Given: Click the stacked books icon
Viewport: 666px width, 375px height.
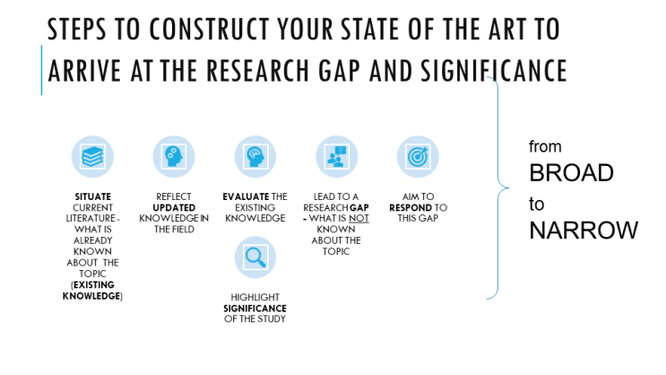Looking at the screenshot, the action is click(x=92, y=156).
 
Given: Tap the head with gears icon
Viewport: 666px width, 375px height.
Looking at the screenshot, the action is click(x=174, y=156).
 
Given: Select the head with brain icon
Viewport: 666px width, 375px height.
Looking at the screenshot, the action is click(x=255, y=156).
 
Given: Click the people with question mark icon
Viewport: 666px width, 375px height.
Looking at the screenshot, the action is click(x=336, y=156).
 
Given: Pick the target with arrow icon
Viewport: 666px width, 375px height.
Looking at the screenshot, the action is click(x=418, y=156).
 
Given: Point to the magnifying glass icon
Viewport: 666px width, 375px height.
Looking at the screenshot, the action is click(x=255, y=257).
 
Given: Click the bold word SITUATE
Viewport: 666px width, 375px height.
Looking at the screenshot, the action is click(x=92, y=196).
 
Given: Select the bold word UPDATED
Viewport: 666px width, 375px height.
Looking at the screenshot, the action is click(x=174, y=207).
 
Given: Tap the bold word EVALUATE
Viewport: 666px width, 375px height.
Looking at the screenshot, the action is click(x=246, y=196).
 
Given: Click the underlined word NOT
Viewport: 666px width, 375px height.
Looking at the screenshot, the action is click(x=359, y=218).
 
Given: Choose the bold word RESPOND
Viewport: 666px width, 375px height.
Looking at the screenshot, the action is click(x=411, y=207).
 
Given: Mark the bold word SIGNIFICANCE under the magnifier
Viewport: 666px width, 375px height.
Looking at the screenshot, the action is click(x=255, y=308).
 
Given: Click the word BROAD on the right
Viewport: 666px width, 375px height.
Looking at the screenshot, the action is click(x=571, y=172).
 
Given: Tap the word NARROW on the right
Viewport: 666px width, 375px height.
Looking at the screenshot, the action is click(x=584, y=230).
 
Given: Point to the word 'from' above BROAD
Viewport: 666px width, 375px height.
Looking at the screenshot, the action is click(x=545, y=147).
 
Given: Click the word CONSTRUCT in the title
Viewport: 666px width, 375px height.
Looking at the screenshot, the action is click(x=209, y=29).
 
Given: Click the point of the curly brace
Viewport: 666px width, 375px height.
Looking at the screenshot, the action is click(x=508, y=187).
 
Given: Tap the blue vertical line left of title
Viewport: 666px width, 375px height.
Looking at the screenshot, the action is click(x=41, y=70).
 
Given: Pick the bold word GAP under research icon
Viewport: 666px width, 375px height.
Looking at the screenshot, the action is click(x=359, y=207).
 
